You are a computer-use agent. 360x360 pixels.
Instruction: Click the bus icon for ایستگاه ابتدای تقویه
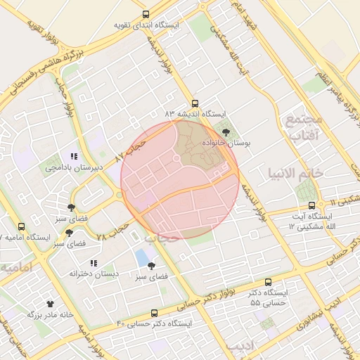(x=146, y=14)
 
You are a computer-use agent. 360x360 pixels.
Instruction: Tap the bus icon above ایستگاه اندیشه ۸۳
(x=195, y=102)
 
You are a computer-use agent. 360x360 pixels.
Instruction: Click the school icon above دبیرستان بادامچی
(x=74, y=157)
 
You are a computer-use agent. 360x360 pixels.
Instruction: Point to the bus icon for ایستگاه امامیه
(x=21, y=226)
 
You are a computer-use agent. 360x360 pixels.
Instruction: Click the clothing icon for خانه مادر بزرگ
(x=50, y=304)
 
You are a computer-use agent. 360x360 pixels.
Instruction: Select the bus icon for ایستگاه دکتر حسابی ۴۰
(x=154, y=313)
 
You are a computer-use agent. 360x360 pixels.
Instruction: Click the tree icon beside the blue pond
(x=152, y=265)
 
